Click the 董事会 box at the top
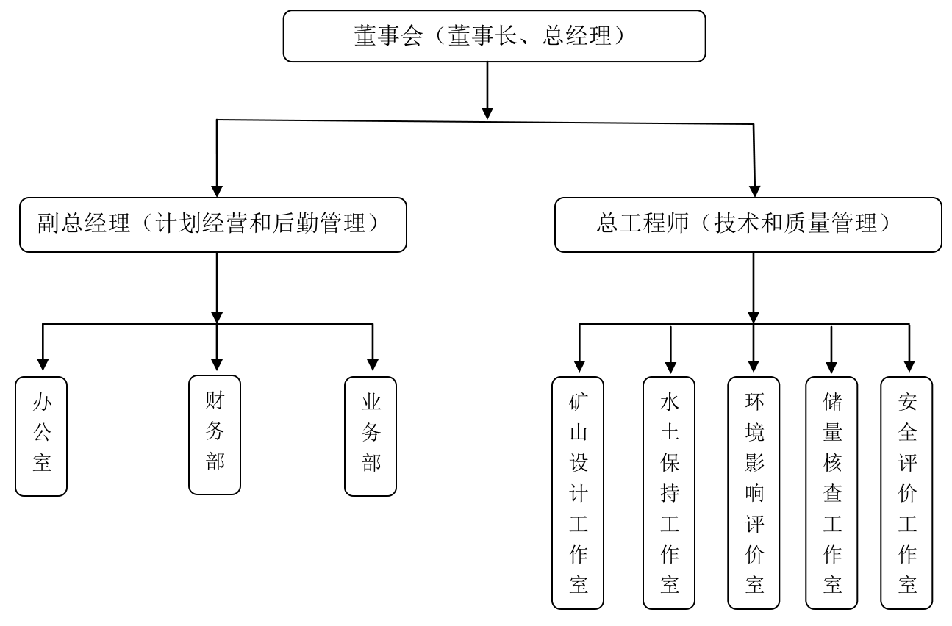click(494, 35)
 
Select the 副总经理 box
click(212, 224)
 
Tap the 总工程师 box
click(748, 224)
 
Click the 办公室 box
click(41, 436)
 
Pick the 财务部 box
click(215, 434)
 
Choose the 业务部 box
click(371, 436)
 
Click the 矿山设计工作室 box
click(578, 492)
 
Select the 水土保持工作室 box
click(669, 492)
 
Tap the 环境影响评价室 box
click(754, 492)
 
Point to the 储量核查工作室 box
click(831, 492)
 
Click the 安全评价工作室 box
click(906, 492)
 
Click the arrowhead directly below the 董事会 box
click(487, 112)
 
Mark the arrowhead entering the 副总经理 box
click(217, 190)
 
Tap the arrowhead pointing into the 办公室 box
click(43, 364)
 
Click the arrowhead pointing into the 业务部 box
click(373, 364)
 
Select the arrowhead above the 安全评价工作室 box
click(909, 364)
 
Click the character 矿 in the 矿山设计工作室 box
click(578, 401)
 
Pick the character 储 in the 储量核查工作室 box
click(831, 401)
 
